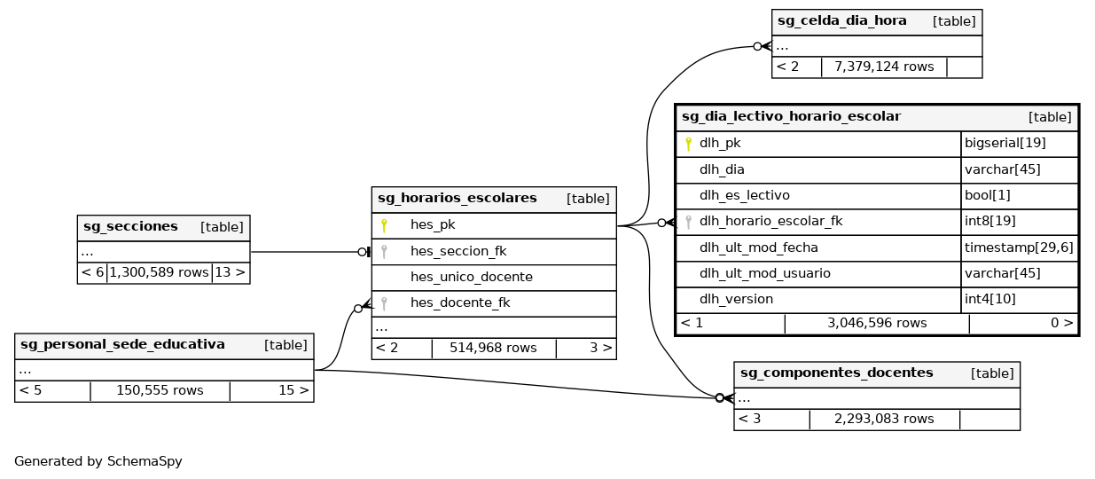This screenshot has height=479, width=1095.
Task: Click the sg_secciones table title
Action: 130,226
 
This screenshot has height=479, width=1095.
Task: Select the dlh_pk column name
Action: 719,143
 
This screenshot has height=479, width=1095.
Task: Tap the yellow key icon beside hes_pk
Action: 384,225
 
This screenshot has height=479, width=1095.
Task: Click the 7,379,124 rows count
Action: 883,67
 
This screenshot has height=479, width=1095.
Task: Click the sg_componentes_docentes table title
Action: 836,373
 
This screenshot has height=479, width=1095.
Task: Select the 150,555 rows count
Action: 160,390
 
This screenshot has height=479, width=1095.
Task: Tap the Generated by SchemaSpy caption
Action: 98,461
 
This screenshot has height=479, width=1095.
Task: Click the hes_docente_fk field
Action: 459,302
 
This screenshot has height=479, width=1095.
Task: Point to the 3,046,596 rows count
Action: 877,323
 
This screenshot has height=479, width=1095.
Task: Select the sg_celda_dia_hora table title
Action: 841,20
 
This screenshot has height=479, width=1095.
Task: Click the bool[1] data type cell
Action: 982,195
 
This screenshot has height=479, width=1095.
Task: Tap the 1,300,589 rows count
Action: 159,272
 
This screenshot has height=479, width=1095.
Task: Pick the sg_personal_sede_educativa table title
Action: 122,344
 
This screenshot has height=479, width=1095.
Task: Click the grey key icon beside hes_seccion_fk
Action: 384,251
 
